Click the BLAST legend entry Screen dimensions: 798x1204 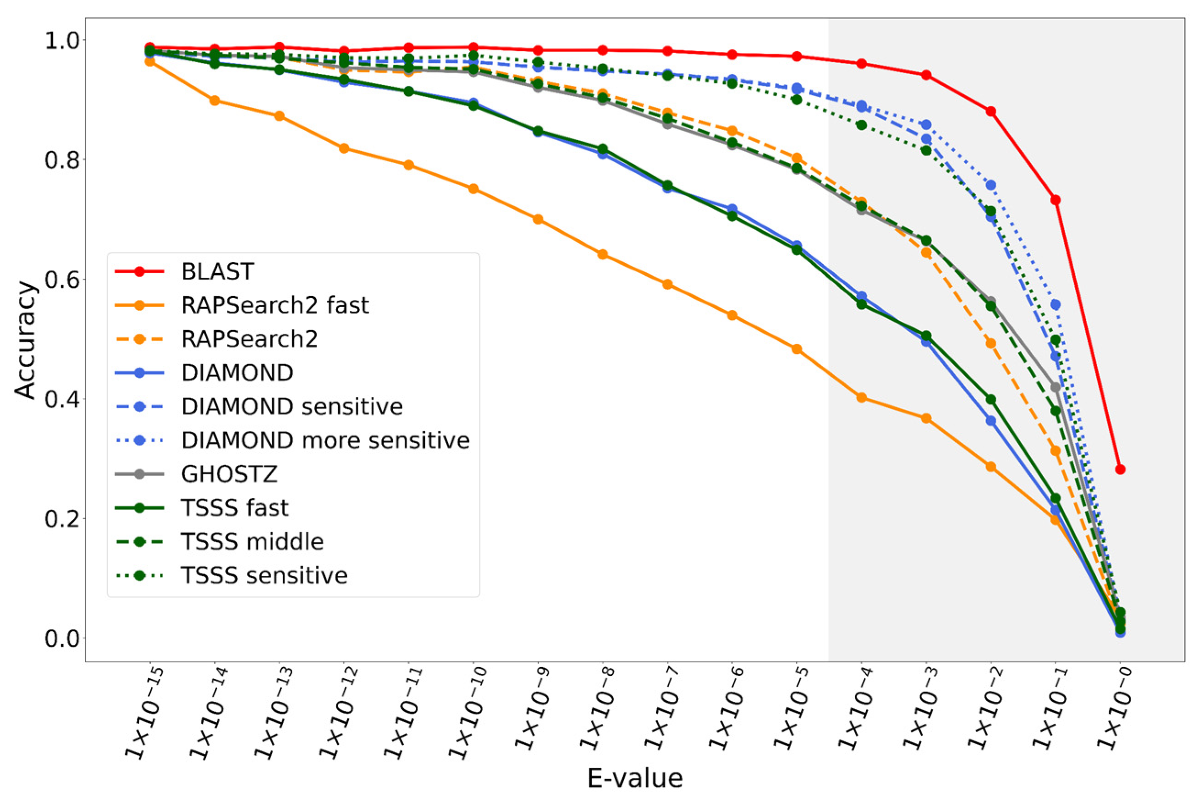coord(217,272)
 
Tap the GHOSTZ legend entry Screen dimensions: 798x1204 coord(229,474)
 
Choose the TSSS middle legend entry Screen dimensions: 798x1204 coord(253,541)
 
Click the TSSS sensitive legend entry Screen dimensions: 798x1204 coord(264,576)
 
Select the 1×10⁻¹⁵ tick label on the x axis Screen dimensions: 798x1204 coord(145,712)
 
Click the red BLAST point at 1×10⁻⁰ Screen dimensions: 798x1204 coord(1120,469)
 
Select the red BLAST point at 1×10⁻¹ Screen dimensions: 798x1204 coord(1056,200)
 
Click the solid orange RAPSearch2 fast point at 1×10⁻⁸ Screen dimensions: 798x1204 coord(603,254)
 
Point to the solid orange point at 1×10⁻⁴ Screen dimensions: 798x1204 coord(862,398)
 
